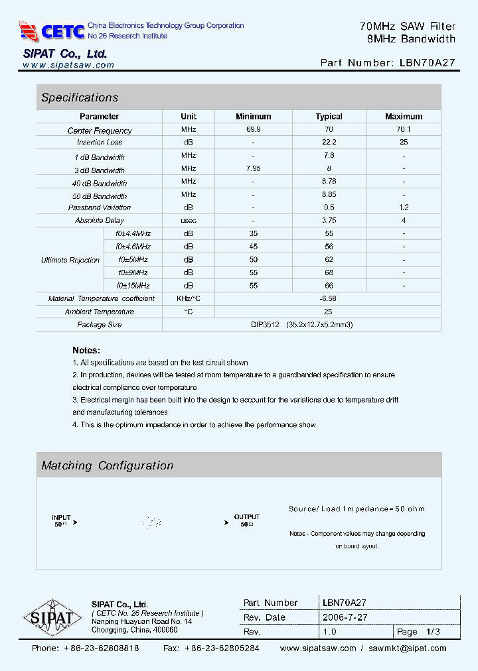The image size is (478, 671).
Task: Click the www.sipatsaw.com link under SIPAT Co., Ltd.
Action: [x=68, y=65]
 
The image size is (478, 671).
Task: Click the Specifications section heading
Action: [x=80, y=97]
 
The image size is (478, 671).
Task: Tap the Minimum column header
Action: [x=253, y=117]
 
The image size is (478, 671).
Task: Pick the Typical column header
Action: [x=329, y=117]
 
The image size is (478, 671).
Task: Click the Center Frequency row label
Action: [x=100, y=131]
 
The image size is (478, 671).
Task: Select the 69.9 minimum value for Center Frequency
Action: [x=253, y=129]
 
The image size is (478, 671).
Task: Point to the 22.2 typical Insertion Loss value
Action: [x=329, y=142]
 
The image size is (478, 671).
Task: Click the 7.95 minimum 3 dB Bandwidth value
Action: [x=253, y=168]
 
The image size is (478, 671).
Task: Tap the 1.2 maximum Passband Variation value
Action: [x=404, y=208]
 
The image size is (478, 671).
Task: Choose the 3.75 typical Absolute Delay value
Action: [x=329, y=220]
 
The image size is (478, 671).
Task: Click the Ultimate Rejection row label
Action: [x=70, y=260]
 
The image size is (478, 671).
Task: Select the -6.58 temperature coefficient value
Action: [x=329, y=298]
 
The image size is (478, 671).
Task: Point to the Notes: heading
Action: [x=86, y=350]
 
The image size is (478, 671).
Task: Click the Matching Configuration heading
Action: [x=108, y=465]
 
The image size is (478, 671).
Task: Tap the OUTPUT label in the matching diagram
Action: [x=247, y=517]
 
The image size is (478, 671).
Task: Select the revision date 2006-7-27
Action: [x=345, y=617]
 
